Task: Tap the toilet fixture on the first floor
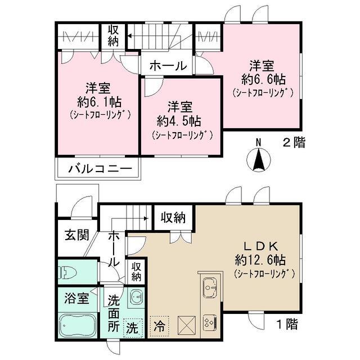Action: point(67,272)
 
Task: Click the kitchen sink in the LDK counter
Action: point(210,287)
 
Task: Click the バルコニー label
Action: point(101,169)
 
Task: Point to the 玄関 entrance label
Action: point(76,235)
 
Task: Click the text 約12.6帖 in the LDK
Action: point(260,260)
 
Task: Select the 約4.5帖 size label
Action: point(179,121)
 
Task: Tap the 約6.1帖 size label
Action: point(100,102)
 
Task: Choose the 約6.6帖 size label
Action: point(264,80)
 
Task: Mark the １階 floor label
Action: point(287,325)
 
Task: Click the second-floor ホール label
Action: point(168,66)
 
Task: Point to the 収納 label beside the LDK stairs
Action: point(173,218)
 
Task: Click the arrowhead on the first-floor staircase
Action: point(146,218)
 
